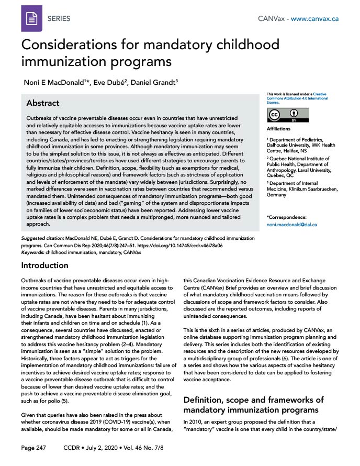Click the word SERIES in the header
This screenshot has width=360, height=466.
pos(59,18)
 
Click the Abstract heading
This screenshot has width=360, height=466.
pos(43,103)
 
